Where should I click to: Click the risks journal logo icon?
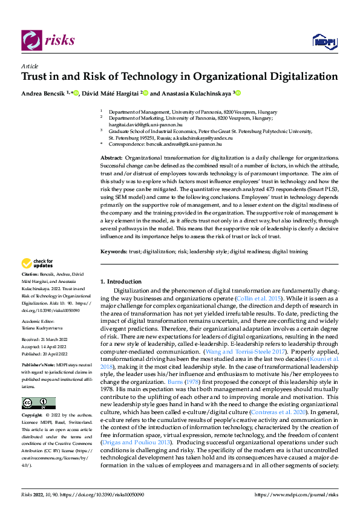click(31, 41)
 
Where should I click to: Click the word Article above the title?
click(30, 66)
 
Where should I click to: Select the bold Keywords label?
click(114, 251)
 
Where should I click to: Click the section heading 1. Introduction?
click(121, 281)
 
